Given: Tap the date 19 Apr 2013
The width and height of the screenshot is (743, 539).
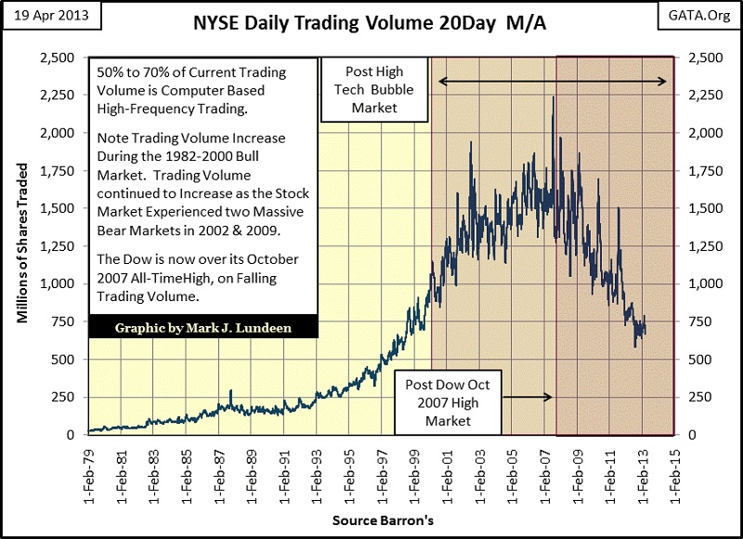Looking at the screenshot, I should pyautogui.click(x=47, y=17).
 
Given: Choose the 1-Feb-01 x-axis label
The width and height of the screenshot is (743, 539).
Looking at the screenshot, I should pyautogui.click(x=445, y=471).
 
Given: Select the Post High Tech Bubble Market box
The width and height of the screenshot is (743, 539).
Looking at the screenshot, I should pyautogui.click(x=372, y=90).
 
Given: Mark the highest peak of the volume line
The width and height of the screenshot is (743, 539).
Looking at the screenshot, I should pyautogui.click(x=554, y=96).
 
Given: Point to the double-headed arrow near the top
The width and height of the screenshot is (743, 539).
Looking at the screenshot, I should pyautogui.click(x=553, y=82).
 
